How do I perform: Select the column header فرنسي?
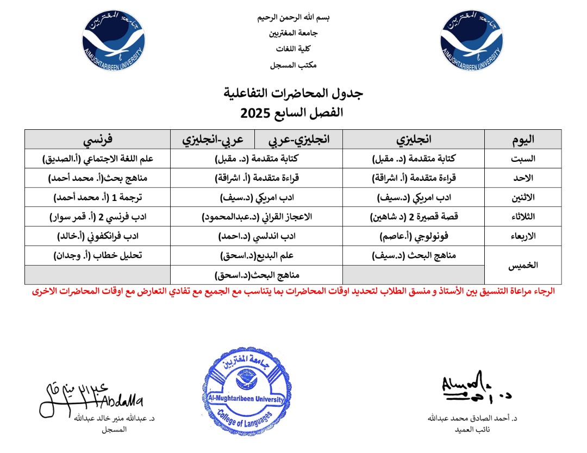[x=98, y=139]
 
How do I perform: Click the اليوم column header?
[x=523, y=139]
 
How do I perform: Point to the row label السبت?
[x=523, y=159]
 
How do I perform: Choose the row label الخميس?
[x=523, y=265]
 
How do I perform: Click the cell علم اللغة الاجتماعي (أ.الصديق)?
[x=98, y=159]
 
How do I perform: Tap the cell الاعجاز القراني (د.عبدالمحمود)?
[x=256, y=217]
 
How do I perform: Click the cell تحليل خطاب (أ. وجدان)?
[x=98, y=255]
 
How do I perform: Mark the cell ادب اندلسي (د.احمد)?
[x=256, y=236]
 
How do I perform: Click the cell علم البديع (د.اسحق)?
[x=256, y=255]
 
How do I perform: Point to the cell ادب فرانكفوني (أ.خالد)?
[x=98, y=236]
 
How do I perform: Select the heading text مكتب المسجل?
[x=293, y=65]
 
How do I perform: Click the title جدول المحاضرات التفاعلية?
[x=293, y=93]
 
